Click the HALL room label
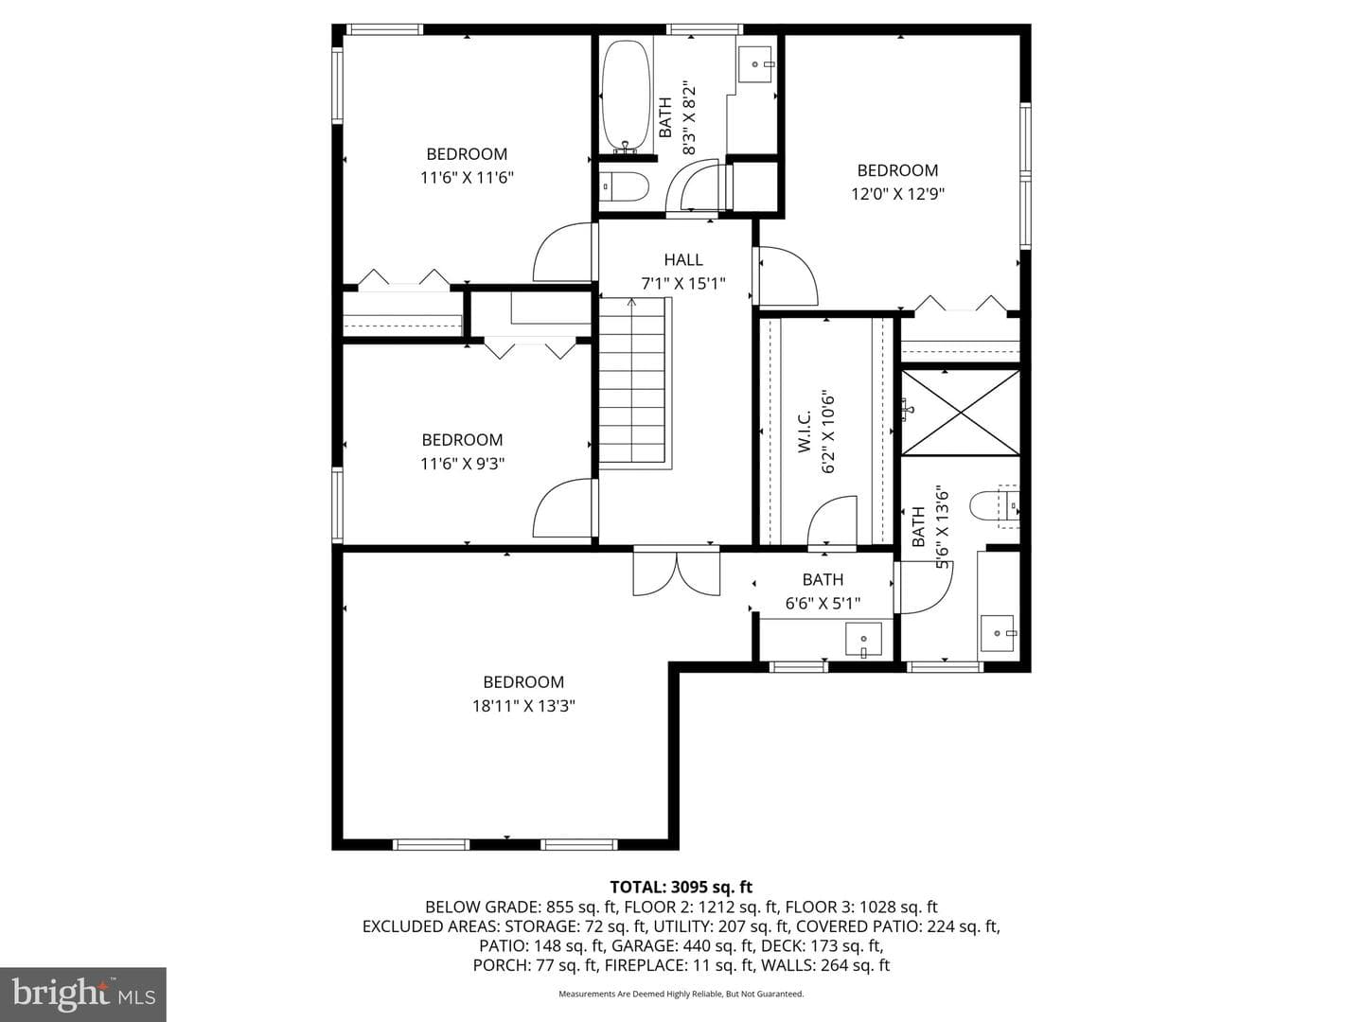pyautogui.click(x=683, y=259)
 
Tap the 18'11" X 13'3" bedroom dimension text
pyautogui.click(x=523, y=706)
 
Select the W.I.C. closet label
pyautogui.click(x=805, y=432)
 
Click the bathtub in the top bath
pyautogui.click(x=627, y=97)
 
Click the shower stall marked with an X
pyautogui.click(x=960, y=413)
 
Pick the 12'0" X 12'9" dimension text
pyautogui.click(x=897, y=194)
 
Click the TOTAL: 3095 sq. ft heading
pyautogui.click(x=681, y=887)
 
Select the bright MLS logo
pyautogui.click(x=83, y=994)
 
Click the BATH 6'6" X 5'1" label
pyautogui.click(x=823, y=591)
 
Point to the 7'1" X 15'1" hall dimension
pyautogui.click(x=683, y=284)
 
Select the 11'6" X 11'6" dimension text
pyautogui.click(x=467, y=178)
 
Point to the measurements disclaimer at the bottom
pyautogui.click(x=681, y=994)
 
